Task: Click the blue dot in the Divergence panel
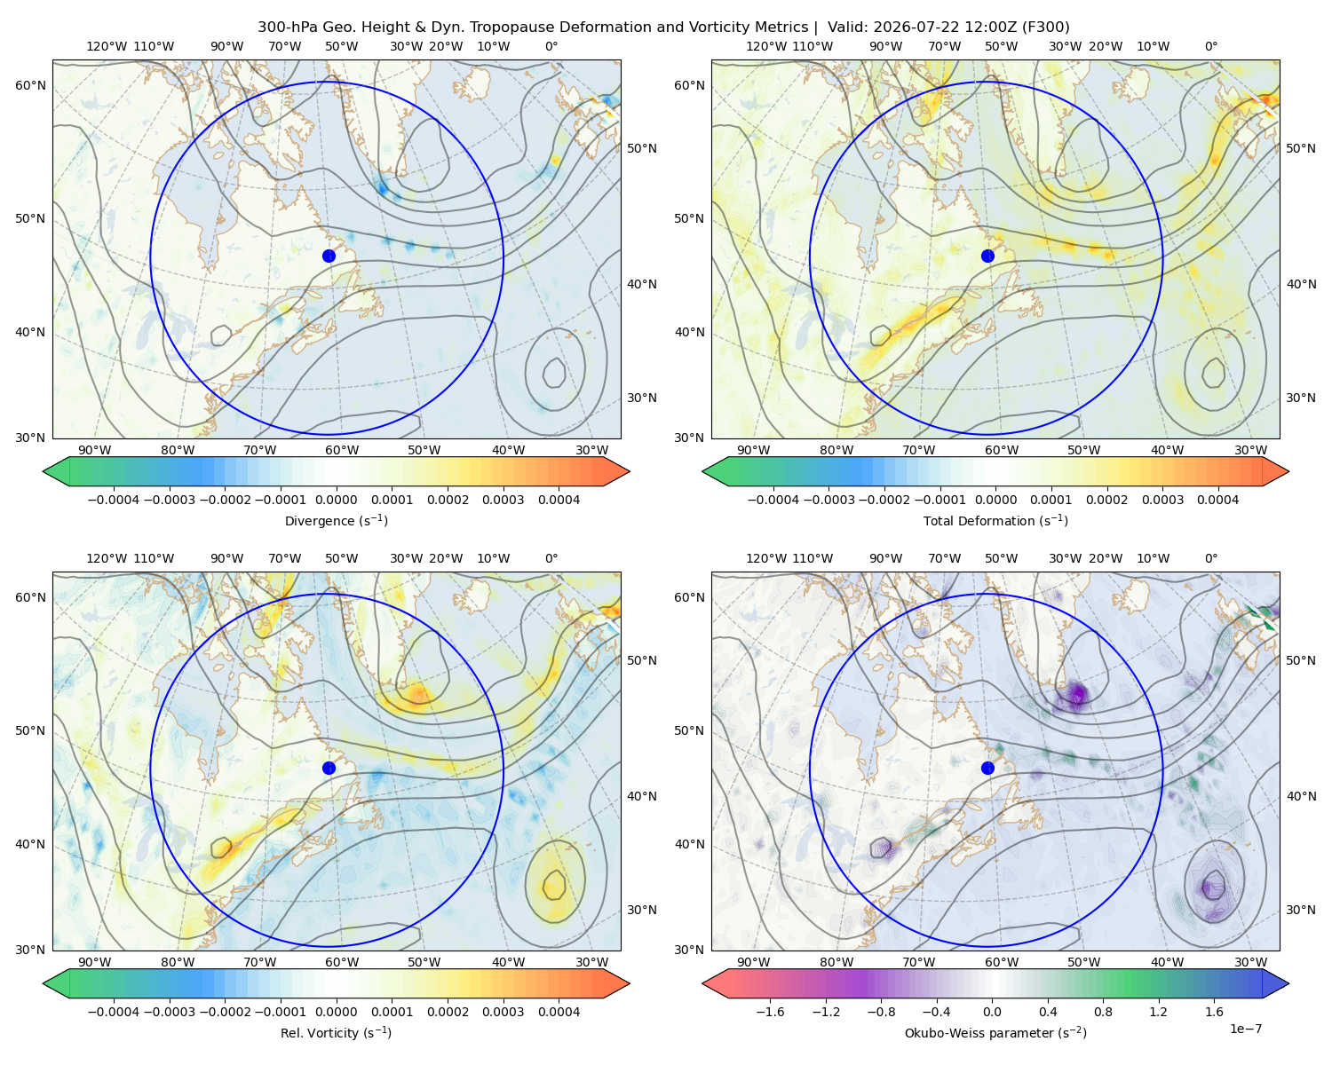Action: click(x=329, y=256)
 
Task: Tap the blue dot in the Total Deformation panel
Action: click(x=987, y=256)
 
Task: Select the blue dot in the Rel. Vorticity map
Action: click(x=329, y=768)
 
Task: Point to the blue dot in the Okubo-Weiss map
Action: click(x=987, y=768)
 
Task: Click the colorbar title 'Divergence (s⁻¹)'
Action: click(x=336, y=520)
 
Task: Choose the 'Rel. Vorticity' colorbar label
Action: click(x=317, y=1033)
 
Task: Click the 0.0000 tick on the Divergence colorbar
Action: click(x=336, y=500)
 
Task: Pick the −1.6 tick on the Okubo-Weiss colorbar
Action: click(x=770, y=1012)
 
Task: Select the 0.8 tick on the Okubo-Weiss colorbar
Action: click(x=1103, y=1012)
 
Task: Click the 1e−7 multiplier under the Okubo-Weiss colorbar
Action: click(x=1245, y=1029)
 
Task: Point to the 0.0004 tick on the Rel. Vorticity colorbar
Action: click(x=559, y=1012)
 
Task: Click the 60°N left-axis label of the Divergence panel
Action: click(x=30, y=85)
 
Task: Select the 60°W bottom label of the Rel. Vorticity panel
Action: click(x=342, y=962)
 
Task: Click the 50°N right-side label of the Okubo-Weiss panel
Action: click(x=1301, y=660)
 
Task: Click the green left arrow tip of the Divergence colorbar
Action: click(x=44, y=471)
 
